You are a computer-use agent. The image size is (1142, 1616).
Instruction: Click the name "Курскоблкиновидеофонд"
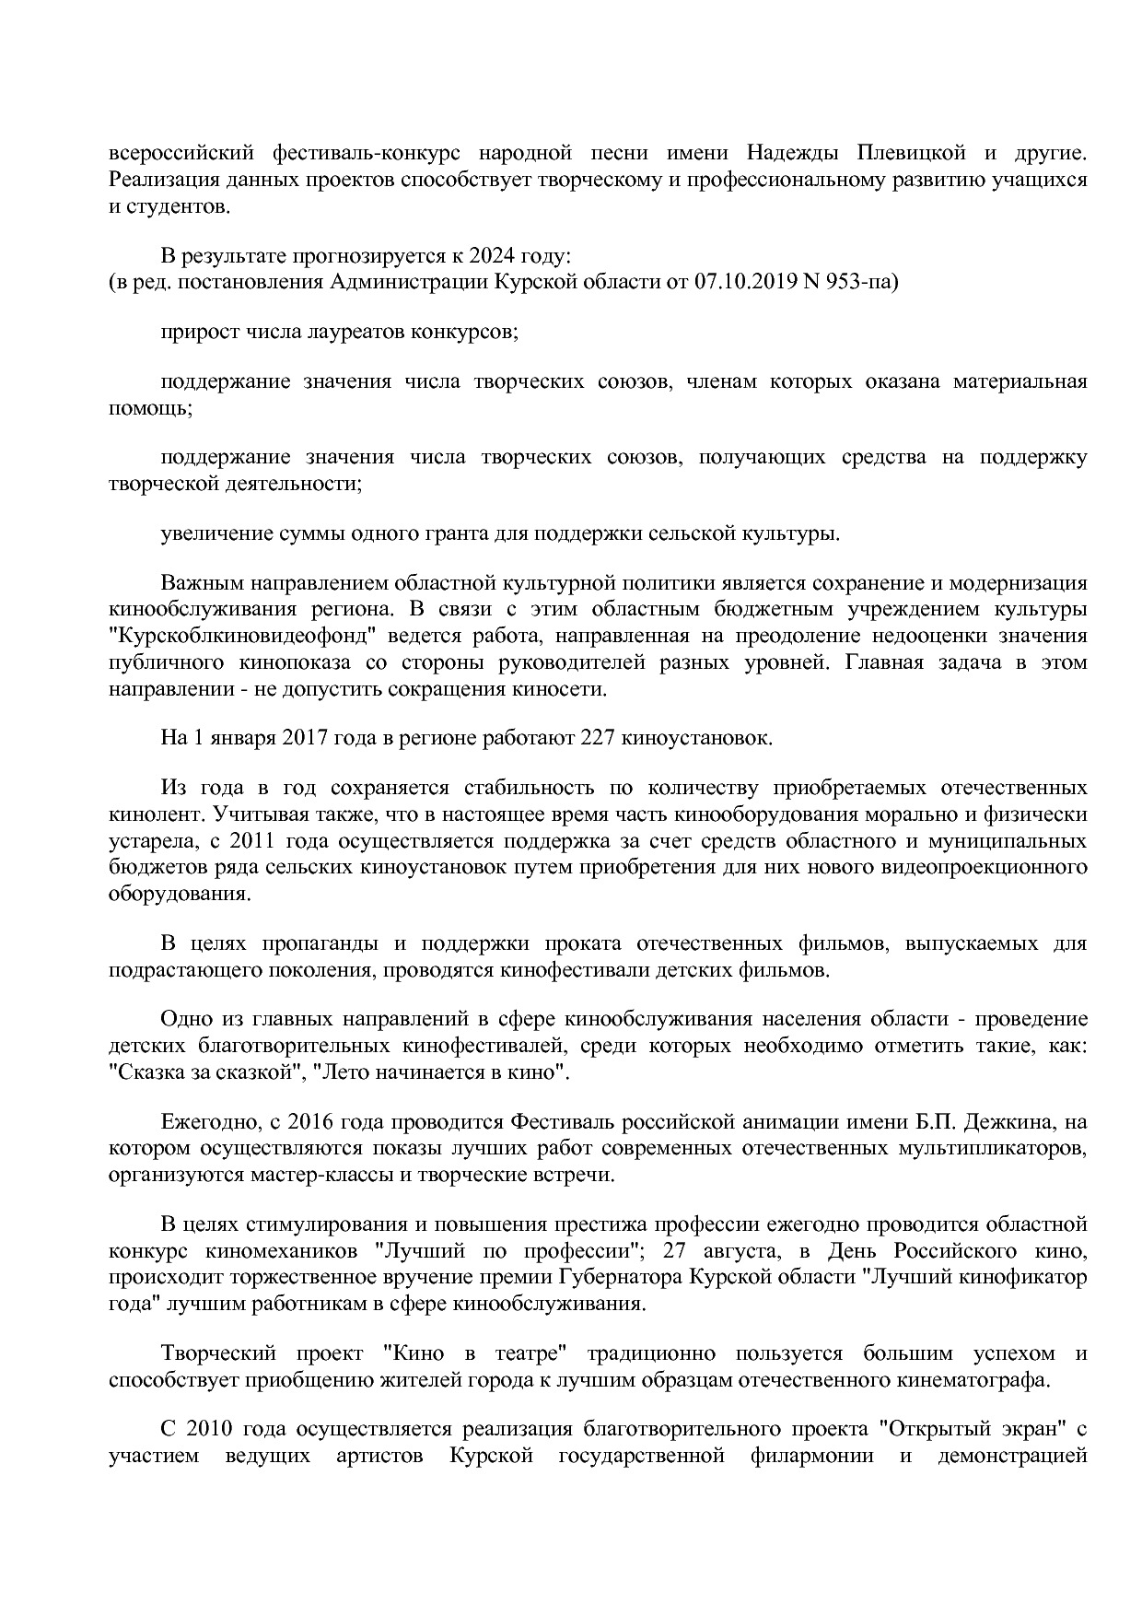239,636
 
